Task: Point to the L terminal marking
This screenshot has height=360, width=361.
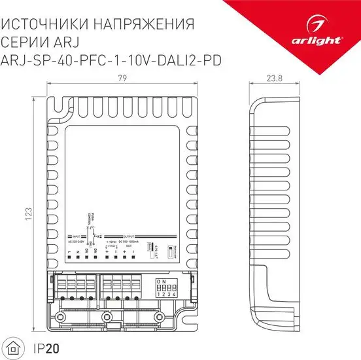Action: [x=70, y=251]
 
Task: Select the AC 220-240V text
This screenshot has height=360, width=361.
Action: [x=78, y=242]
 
